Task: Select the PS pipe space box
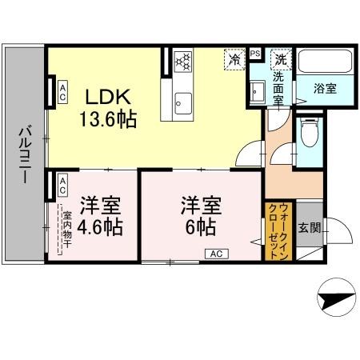coord(255,54)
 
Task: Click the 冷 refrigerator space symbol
coord(234,58)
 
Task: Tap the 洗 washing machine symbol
coord(281,58)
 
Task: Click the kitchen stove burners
coord(183,60)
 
